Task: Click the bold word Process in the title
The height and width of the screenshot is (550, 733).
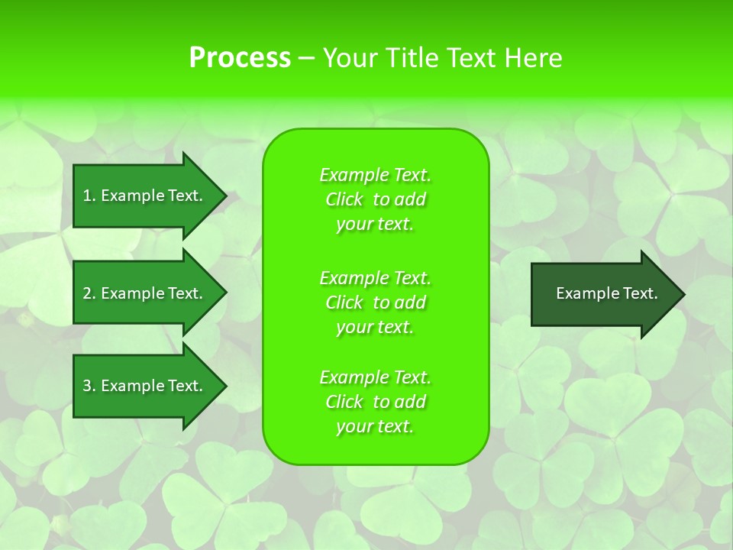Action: tap(240, 58)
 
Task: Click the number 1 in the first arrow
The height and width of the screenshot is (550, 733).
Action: tap(87, 196)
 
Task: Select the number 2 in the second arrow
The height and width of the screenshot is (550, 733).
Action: tap(87, 293)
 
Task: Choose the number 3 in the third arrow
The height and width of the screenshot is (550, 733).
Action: tap(87, 386)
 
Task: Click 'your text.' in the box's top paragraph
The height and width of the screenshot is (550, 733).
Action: tap(375, 225)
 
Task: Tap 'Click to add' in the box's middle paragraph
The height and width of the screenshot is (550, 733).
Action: tap(375, 302)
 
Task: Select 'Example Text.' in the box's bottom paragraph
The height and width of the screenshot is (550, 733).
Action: tap(375, 377)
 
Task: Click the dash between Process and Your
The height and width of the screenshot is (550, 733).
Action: tap(307, 58)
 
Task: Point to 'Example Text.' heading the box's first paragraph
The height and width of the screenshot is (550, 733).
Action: tap(375, 175)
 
